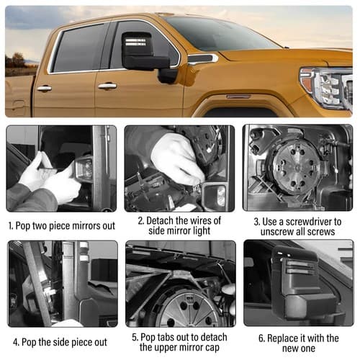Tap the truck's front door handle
[x=107, y=86]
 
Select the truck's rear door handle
[x=44, y=88]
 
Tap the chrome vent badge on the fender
[x=203, y=58]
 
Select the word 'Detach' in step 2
[x=160, y=220]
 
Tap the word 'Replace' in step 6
[x=282, y=338]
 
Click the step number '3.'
[x=257, y=222]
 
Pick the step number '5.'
[x=135, y=337]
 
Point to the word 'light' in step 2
[x=199, y=231]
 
